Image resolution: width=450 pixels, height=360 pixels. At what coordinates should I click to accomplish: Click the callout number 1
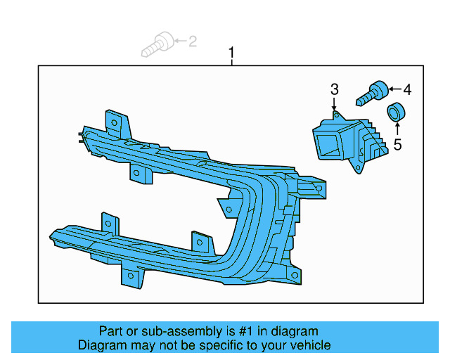point(232,53)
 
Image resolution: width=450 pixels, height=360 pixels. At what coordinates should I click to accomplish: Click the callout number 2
point(192,41)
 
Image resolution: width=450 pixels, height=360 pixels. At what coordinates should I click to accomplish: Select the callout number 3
point(335,89)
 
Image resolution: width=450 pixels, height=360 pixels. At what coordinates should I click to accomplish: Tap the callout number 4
point(406,89)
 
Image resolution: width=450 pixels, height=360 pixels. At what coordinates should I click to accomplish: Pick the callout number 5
point(397,145)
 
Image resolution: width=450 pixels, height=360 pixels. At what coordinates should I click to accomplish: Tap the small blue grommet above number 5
point(397,111)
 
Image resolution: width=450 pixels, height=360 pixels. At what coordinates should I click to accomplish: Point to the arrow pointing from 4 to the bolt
point(392,89)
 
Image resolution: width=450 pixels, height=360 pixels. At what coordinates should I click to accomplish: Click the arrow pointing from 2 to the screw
point(178,41)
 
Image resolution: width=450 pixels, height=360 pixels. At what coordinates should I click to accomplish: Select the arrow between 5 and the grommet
point(397,129)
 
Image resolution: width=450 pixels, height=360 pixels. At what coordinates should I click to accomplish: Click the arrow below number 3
point(335,103)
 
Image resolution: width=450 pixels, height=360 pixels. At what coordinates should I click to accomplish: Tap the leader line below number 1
point(232,62)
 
